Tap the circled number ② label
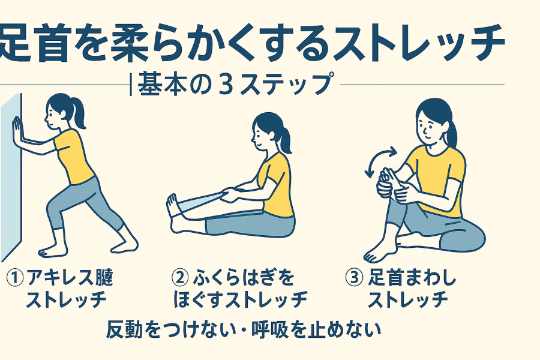click(x=180, y=278)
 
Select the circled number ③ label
click(x=355, y=278)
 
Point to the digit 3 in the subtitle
click(x=226, y=84)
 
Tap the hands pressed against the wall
click(x=17, y=131)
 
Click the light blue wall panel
click(x=11, y=176)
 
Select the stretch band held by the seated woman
click(x=199, y=203)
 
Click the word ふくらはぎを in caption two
click(x=243, y=278)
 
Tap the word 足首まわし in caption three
click(x=412, y=278)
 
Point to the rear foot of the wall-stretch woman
click(x=125, y=245)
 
